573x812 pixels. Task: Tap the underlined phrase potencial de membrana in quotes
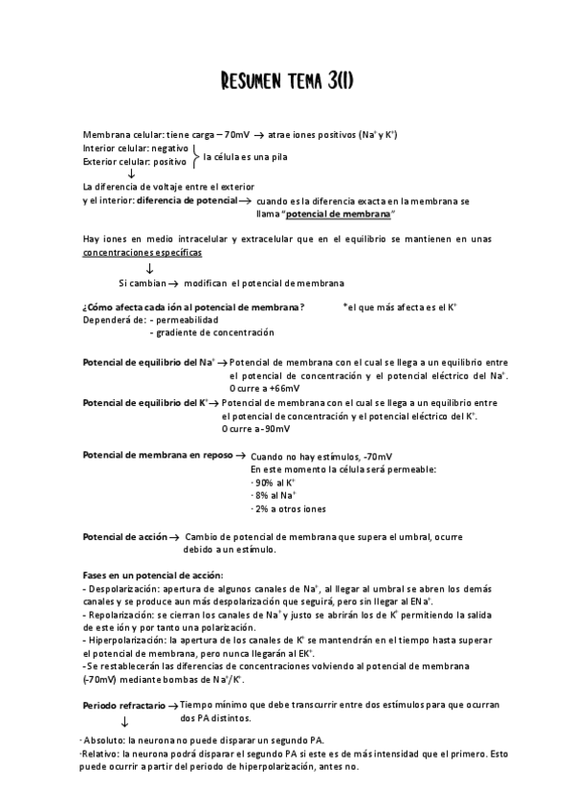342,214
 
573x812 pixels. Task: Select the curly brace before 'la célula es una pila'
195,156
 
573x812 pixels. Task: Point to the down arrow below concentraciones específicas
149,268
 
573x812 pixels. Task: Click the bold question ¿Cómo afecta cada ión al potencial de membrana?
194,306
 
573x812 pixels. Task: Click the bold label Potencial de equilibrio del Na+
149,363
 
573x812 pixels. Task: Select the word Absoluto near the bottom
103,740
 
